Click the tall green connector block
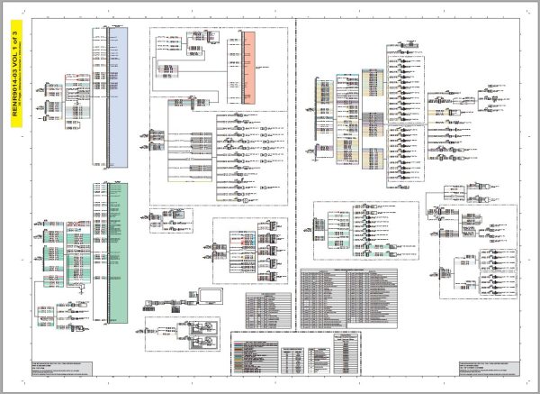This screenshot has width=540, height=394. tap(117, 253)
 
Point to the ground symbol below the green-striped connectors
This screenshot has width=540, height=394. tap(82, 289)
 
